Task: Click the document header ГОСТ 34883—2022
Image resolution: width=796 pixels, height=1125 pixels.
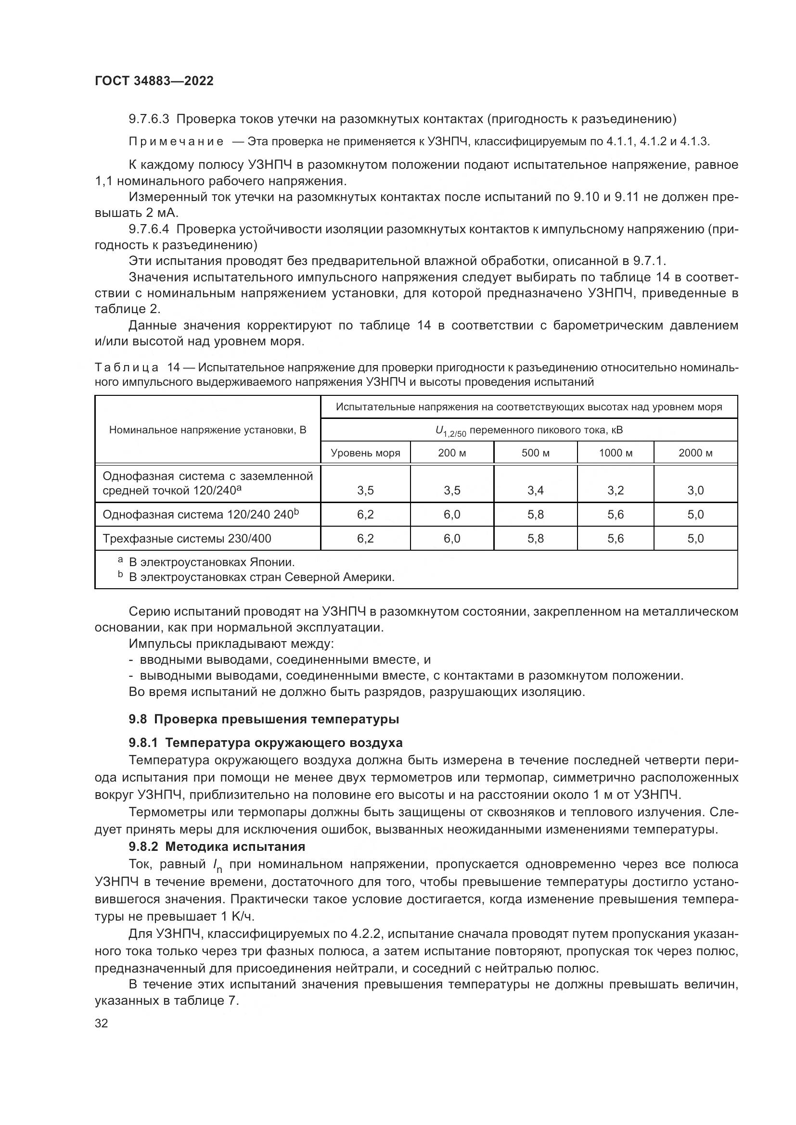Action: tap(154, 81)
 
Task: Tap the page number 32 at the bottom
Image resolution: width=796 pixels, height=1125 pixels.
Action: tap(102, 1023)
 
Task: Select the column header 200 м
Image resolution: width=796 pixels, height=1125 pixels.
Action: tap(451, 453)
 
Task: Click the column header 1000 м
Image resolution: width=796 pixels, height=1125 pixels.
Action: tap(615, 453)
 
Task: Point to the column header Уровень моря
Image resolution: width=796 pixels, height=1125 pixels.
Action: tap(365, 453)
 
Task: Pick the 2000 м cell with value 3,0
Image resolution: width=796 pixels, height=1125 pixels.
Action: tap(695, 491)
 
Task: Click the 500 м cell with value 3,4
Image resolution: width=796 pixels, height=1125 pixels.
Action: tap(535, 491)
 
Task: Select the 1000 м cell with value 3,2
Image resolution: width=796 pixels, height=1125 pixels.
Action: tap(615, 491)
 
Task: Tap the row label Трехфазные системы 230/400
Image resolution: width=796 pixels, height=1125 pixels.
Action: tap(187, 539)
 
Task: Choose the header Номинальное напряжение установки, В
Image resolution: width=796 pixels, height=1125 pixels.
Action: tap(207, 430)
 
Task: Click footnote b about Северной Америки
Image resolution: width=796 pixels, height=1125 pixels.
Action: tap(261, 577)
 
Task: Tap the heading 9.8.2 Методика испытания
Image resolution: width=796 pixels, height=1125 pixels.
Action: tap(217, 846)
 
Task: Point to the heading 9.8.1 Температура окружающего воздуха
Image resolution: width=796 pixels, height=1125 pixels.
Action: tap(266, 742)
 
